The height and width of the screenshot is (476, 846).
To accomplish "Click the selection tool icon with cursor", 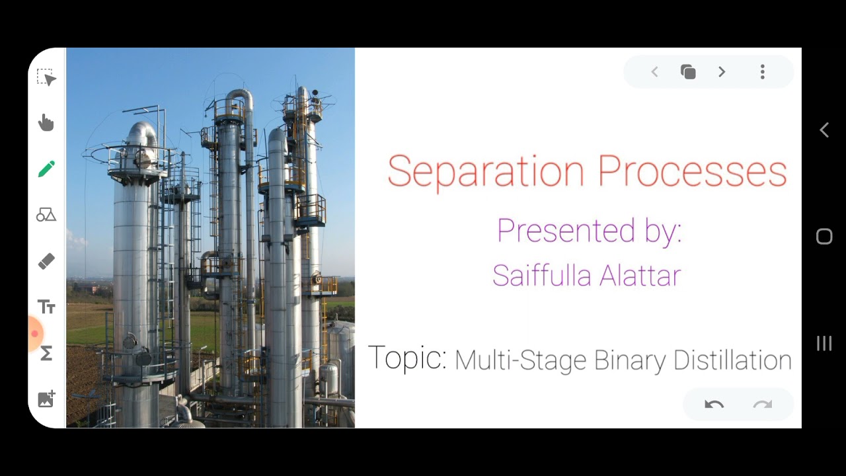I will click(x=46, y=77).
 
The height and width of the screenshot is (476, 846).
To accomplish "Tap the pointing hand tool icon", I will click(x=46, y=123).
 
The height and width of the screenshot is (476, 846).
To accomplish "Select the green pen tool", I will click(x=46, y=169).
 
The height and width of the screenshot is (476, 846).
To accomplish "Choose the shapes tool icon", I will click(x=46, y=215).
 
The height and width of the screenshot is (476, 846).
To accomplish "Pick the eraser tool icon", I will click(x=46, y=261).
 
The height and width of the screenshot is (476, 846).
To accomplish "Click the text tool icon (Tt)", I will click(x=46, y=307).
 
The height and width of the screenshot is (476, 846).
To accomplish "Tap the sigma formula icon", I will click(x=46, y=354).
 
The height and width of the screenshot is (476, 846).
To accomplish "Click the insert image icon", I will click(x=46, y=399).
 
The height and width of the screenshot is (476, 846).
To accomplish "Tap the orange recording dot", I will click(x=35, y=334).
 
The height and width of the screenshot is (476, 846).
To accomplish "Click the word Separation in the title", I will click(x=486, y=172).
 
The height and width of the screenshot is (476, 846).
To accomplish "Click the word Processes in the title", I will click(x=692, y=171).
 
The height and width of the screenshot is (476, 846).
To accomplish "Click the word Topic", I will click(x=407, y=358).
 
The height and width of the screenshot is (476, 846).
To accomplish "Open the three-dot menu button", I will click(x=762, y=72).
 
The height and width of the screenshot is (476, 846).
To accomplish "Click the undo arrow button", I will click(x=714, y=405).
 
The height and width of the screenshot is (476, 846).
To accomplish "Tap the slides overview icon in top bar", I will click(x=688, y=72).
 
